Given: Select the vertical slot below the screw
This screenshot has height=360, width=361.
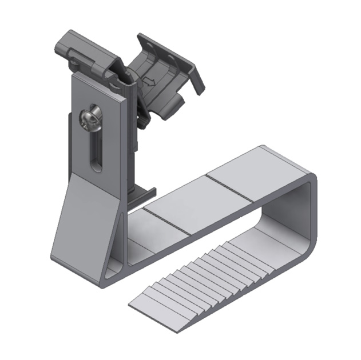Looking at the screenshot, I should (x=95, y=151).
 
